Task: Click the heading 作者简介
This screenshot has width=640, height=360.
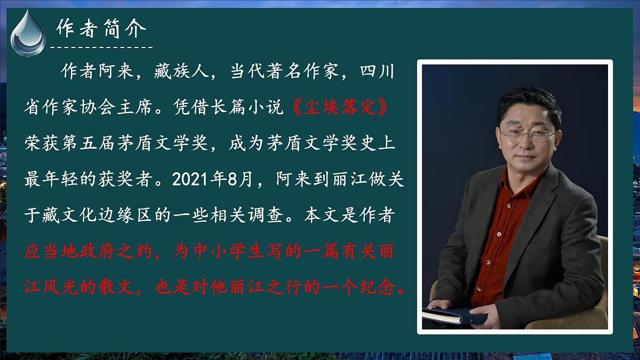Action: point(101,29)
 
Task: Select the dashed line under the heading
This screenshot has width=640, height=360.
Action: point(101,47)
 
